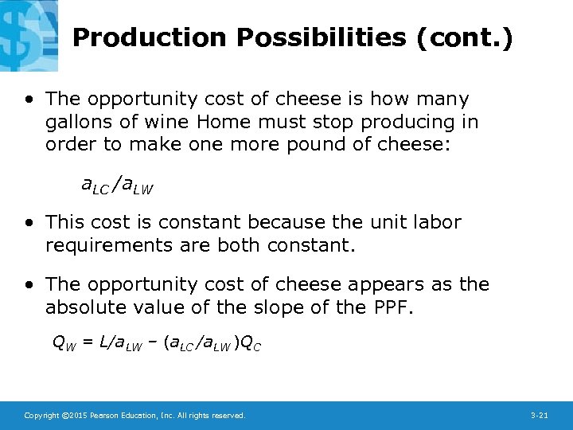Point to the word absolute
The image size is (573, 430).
pos(84,307)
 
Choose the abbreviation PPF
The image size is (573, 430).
pos(392,307)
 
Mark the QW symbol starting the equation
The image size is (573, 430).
pos(61,344)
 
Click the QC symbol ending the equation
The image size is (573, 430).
pos(252,344)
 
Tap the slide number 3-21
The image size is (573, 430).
pos(539,416)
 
